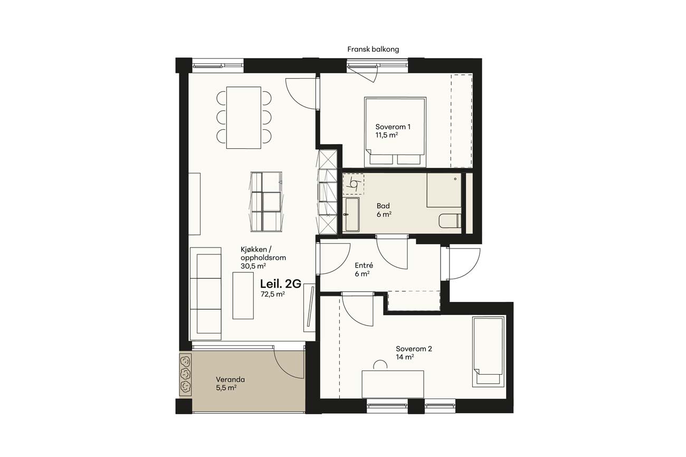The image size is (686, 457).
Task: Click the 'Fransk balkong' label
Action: tap(373, 49)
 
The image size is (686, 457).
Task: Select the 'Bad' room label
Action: tap(383, 206)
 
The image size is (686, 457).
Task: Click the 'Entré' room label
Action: tap(364, 265)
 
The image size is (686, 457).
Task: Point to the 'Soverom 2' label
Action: tap(414, 349)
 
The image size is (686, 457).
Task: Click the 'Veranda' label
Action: tap(230, 379)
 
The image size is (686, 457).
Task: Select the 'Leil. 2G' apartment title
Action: tap(281, 284)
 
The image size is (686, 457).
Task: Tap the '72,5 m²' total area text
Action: tap(273, 294)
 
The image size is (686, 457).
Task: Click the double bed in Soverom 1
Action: tap(395, 132)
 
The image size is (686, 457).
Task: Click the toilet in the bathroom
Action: tap(450, 221)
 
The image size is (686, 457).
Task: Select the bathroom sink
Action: tap(352, 215)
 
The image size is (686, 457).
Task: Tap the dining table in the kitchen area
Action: tap(243, 118)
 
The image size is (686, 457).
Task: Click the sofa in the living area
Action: tap(205, 294)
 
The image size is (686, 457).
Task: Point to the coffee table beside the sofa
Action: tap(243, 296)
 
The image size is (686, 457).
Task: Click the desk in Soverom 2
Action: tap(393, 384)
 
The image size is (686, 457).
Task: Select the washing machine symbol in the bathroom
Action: tap(354, 184)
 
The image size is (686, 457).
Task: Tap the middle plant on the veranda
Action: tap(185, 374)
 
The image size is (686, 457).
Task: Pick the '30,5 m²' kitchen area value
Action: tap(253, 266)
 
